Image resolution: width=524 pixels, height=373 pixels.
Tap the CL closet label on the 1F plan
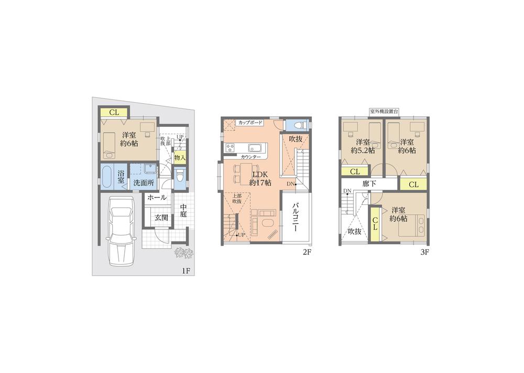(114, 112)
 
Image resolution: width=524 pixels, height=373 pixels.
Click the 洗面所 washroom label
(143, 183)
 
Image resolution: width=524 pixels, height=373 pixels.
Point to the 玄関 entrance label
(161, 217)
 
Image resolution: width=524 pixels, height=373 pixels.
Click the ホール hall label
(157, 198)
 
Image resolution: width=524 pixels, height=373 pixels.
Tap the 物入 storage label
(179, 157)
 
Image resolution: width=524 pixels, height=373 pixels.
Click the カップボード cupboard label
(250, 123)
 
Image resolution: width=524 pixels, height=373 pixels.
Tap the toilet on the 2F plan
(297, 125)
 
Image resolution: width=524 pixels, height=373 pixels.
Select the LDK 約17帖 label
(260, 179)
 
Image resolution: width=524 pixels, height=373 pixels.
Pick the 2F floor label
(307, 252)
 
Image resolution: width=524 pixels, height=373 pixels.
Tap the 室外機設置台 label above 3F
(384, 112)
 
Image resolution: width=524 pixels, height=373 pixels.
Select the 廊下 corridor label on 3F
(369, 184)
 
